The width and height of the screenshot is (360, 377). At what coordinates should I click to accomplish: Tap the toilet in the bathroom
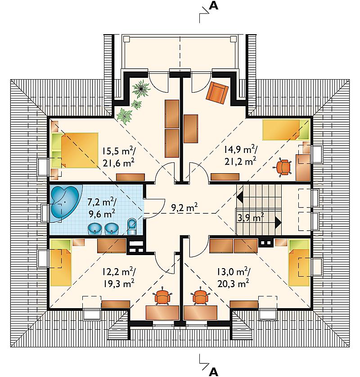click(131, 226)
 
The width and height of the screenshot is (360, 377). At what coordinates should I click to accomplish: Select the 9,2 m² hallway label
click(184, 207)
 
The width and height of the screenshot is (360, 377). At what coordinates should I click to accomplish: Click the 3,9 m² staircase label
click(251, 218)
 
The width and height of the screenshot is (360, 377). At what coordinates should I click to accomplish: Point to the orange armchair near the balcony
click(217, 93)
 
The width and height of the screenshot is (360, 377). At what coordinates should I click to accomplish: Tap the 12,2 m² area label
click(118, 272)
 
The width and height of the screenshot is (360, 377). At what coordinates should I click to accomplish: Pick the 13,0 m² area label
click(234, 272)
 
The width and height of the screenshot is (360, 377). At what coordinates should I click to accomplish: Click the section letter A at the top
click(213, 5)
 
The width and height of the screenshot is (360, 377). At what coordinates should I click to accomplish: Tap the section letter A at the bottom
click(213, 372)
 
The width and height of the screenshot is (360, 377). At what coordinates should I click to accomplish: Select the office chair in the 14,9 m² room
click(283, 167)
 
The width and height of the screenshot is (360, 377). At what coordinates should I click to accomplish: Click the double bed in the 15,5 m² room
click(75, 151)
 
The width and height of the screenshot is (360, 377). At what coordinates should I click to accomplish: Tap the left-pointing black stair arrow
click(240, 197)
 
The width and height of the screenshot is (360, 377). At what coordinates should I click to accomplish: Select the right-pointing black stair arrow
click(278, 222)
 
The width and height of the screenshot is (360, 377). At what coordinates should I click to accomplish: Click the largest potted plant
click(141, 89)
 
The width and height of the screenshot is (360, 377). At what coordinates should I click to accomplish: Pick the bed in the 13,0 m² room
click(299, 263)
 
